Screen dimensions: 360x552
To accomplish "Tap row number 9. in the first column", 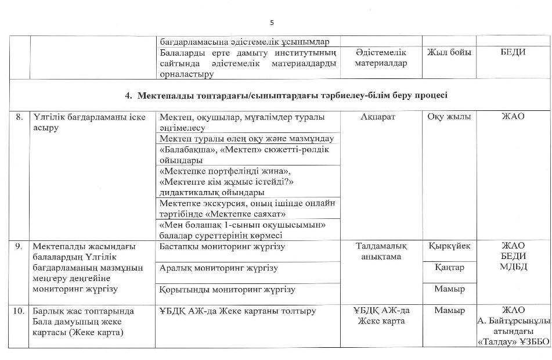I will point(19,246).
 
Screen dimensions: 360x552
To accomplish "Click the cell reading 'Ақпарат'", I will point(381,117).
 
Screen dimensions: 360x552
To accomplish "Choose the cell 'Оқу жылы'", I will point(449,117).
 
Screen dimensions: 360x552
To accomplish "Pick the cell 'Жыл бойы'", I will point(449,52).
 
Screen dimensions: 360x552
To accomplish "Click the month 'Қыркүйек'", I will point(449,246).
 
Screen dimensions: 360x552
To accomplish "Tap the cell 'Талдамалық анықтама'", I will point(381,251).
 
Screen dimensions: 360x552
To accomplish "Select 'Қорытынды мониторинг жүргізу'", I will point(227,289).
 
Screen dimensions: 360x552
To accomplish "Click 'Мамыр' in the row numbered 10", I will point(449,311).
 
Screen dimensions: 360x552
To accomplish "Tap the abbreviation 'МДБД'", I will point(513,267).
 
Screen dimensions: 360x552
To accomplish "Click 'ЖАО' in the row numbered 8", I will point(513,117).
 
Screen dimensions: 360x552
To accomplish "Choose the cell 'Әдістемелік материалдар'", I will point(381,57).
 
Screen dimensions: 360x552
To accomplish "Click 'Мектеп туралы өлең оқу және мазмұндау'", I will point(246,139).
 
